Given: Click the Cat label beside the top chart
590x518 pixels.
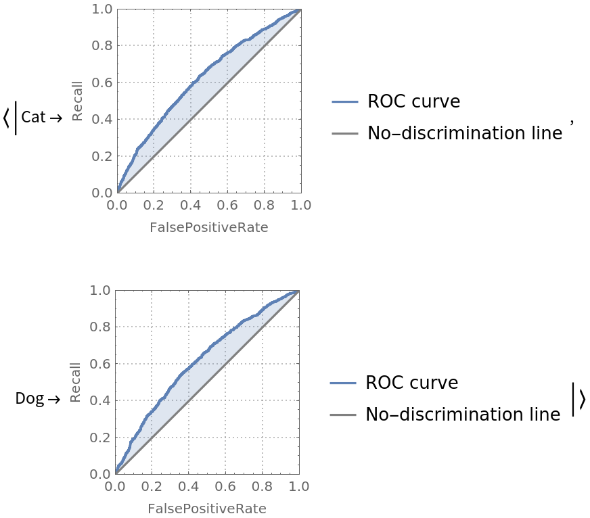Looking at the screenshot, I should pos(33,117).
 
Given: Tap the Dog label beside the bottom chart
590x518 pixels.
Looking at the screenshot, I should pos(29,399).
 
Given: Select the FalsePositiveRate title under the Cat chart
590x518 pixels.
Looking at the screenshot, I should pos(208,228).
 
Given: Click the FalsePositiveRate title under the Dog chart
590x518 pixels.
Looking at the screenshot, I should pos(207,509).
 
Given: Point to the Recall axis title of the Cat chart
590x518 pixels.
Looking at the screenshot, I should pos(77,101).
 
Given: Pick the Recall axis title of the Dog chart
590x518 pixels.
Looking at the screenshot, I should pos(75,383).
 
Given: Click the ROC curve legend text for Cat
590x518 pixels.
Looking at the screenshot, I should pos(413,101).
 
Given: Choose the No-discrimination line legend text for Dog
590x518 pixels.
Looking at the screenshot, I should pos(462,414).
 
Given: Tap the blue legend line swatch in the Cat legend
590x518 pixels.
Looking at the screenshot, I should pos(344,102).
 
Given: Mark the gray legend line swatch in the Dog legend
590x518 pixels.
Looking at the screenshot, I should pos(343,415).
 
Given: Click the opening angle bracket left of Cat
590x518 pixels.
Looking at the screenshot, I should pos(6,118).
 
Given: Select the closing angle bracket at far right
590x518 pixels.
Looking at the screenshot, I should pos(581,399).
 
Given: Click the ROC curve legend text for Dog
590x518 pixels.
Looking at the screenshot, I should pos(411,383).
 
